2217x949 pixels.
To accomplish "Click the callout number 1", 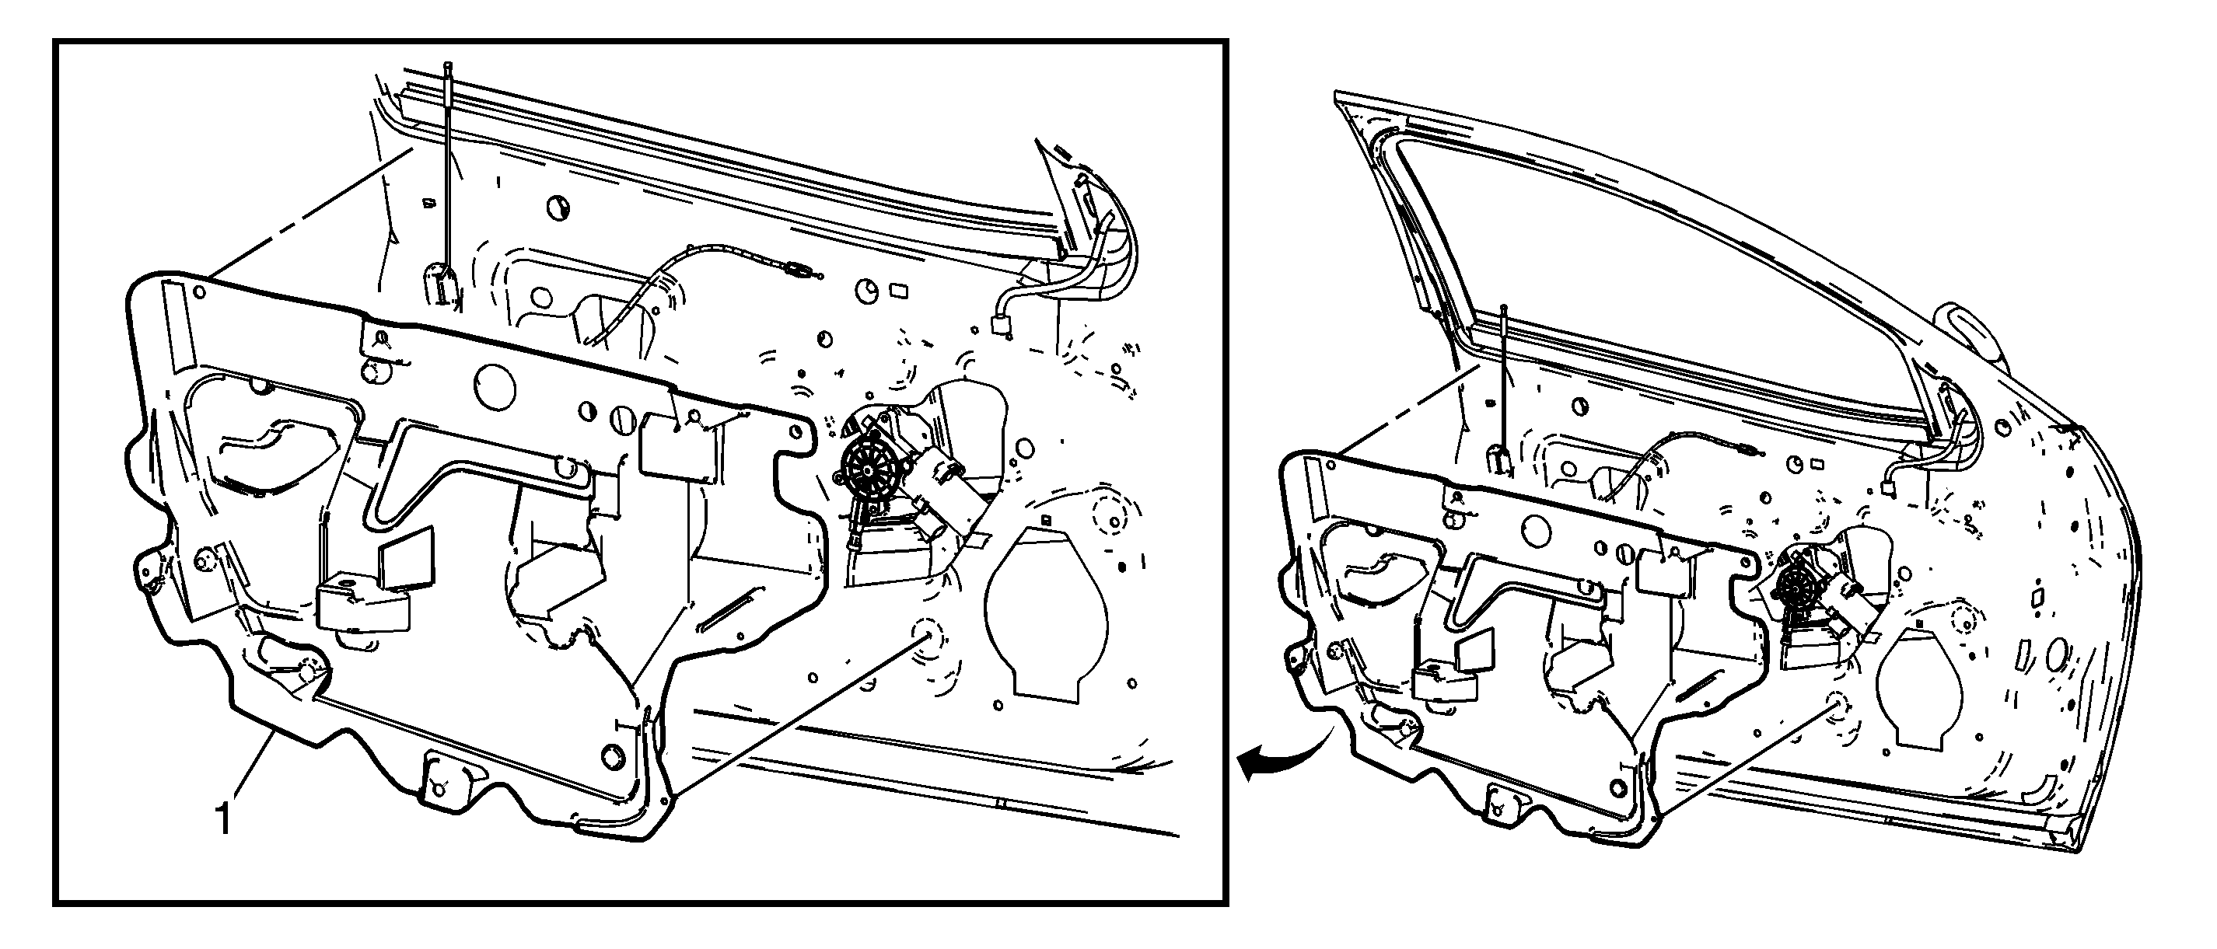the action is pyautogui.click(x=223, y=818).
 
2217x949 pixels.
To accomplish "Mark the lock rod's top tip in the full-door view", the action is pyautogui.click(x=1504, y=307).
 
